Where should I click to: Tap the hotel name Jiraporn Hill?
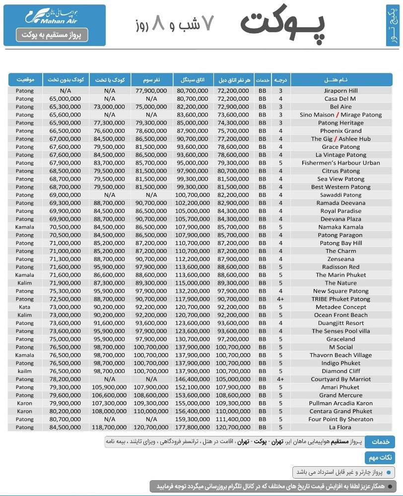(340, 91)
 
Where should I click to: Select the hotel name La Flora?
(340, 427)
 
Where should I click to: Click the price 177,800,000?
(193, 427)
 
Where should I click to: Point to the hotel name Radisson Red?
(340, 267)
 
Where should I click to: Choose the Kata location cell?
(24, 307)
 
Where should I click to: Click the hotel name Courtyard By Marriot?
(340, 379)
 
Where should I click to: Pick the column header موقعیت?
(25, 80)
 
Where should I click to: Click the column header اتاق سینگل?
(193, 80)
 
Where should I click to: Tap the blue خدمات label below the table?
(380, 441)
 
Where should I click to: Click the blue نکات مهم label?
(380, 457)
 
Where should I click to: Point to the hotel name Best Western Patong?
(340, 187)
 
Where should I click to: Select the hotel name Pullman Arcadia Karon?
(340, 403)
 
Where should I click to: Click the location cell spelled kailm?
(24, 371)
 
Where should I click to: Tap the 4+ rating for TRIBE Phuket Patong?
(280, 299)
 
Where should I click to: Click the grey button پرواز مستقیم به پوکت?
(52, 35)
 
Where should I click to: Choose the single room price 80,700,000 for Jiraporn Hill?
(193, 91)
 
